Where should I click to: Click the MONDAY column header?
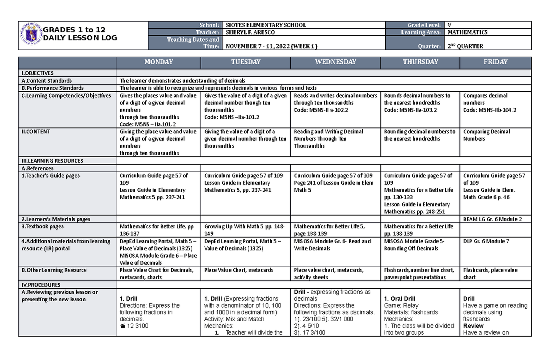pyautogui.click(x=159, y=62)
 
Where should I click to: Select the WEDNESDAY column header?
pyautogui.click(x=335, y=62)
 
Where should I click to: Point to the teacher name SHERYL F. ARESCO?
pyautogui.click(x=252, y=33)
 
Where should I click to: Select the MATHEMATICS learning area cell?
pyautogui.click(x=467, y=33)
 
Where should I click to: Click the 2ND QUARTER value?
pyautogui.click(x=465, y=46)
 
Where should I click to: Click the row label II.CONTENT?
pyautogui.click(x=36, y=132)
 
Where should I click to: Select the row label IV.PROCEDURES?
pyautogui.click(x=39, y=285)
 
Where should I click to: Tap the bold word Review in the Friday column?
pyautogui.click(x=473, y=326)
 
